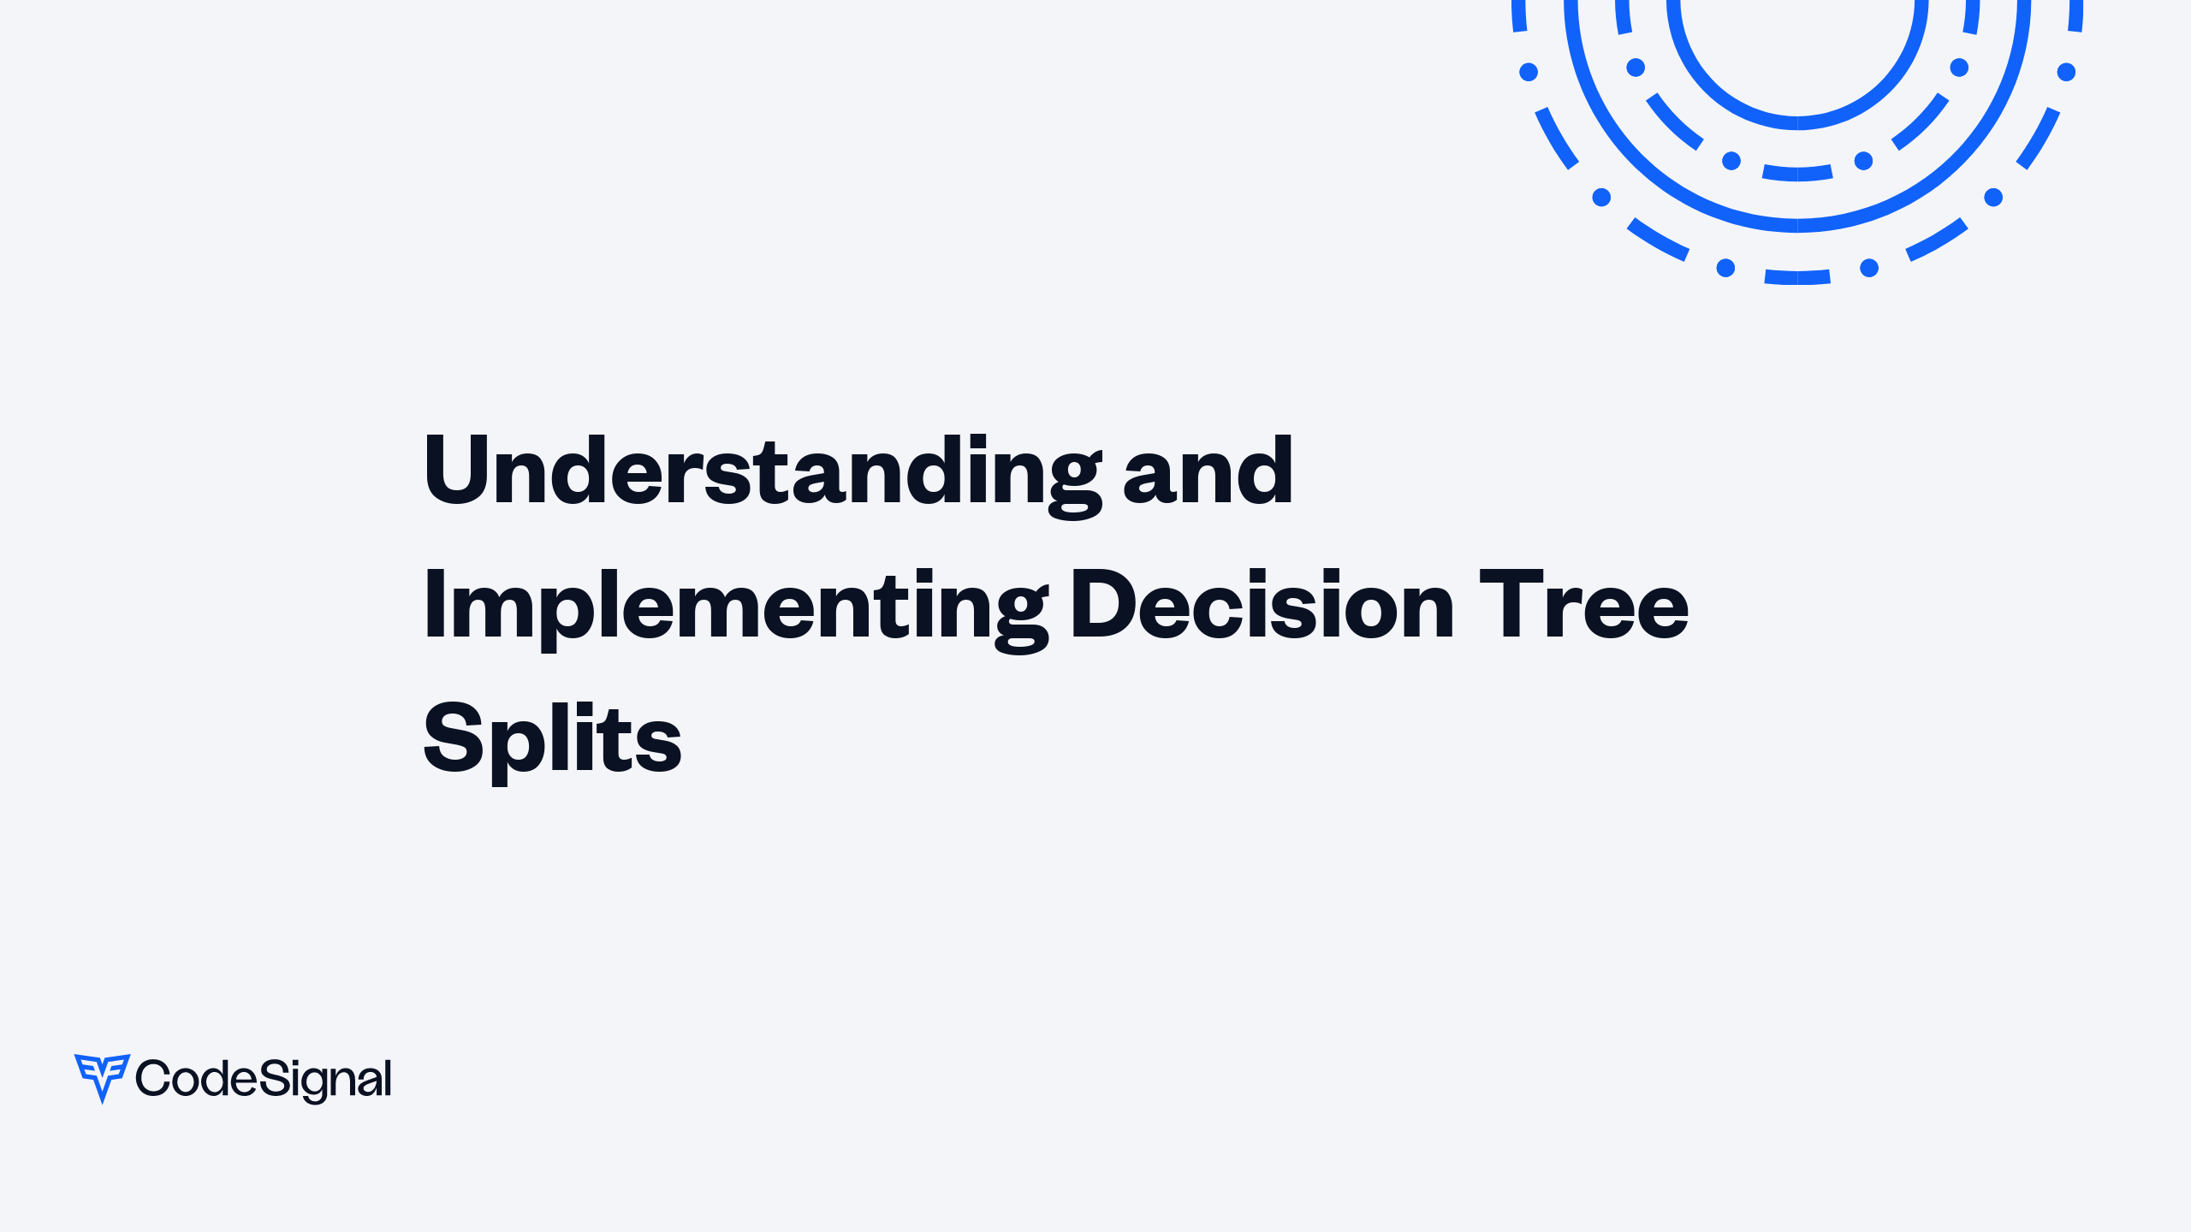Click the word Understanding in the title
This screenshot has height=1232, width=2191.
pos(762,471)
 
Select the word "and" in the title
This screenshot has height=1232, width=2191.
pos(1208,471)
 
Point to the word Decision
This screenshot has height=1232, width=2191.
pos(1262,604)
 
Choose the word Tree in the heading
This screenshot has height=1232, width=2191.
pos(1583,604)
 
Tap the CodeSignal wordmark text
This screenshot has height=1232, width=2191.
pos(264,1079)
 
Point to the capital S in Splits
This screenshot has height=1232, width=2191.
pos(454,737)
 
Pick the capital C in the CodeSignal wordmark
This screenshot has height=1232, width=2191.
pos(153,1078)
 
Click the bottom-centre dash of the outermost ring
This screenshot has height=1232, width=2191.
pos(1797,277)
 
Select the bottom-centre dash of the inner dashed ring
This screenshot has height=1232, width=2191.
pos(1797,174)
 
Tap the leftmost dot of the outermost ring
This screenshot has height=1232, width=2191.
pos(1529,72)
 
